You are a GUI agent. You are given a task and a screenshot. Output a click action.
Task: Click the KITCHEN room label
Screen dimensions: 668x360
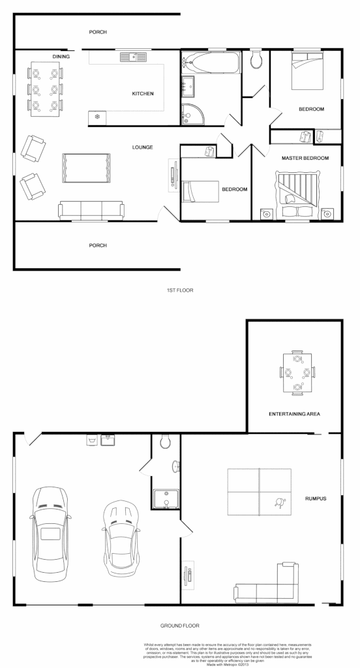[143, 94]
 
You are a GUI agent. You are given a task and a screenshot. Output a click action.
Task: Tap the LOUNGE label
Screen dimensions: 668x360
[142, 147]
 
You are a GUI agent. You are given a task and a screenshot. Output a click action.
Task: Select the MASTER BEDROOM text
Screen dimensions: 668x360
[305, 159]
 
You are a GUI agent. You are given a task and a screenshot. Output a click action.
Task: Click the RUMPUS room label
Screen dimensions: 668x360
[315, 499]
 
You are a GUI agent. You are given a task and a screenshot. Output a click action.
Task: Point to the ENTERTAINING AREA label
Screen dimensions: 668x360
[294, 414]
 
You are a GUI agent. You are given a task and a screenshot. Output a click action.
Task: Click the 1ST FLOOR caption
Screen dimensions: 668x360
[180, 289]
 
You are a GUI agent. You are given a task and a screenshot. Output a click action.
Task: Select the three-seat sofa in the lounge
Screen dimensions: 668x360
[91, 209]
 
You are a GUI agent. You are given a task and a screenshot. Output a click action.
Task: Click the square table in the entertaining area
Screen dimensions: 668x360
[297, 373]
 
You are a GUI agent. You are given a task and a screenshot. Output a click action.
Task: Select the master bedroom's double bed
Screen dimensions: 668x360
[297, 193]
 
